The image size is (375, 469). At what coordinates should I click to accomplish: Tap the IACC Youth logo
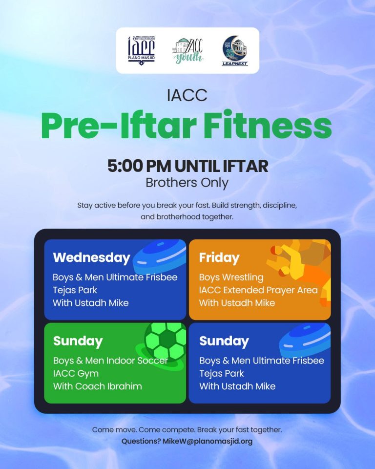pos(187,50)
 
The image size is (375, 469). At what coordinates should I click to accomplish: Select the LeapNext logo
pos(234,50)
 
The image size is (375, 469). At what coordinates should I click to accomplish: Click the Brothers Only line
pos(187,183)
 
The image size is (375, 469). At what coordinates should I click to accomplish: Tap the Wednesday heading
pos(91,257)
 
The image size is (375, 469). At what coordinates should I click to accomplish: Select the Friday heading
pos(219,257)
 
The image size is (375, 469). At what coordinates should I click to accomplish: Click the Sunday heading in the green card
pos(78,341)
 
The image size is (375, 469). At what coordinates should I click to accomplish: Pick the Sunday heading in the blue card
pos(224,341)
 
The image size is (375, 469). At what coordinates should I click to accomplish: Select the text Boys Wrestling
pos(231,277)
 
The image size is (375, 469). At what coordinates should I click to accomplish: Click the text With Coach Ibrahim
pos(97,386)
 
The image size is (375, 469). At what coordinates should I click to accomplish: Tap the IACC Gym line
pos(76,374)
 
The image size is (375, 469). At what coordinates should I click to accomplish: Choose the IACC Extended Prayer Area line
pos(258,290)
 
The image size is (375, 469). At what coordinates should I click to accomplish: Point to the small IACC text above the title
pos(187,95)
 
